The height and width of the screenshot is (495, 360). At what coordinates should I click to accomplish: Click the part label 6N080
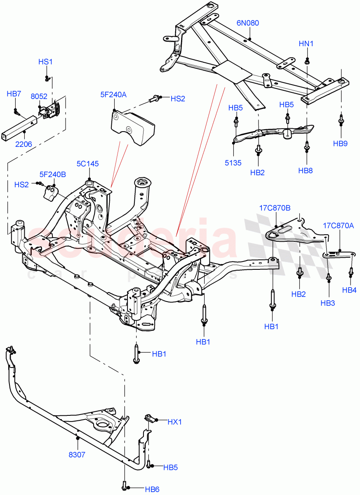[x=247, y=23]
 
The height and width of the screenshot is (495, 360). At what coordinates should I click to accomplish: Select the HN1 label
[x=306, y=43]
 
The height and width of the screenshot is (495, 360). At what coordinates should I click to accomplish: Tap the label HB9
[x=340, y=144]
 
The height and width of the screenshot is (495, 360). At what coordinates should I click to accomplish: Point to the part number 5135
[x=233, y=163]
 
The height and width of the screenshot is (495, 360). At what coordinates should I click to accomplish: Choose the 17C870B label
[x=275, y=208]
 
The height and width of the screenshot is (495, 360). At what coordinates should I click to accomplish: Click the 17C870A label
[x=338, y=226]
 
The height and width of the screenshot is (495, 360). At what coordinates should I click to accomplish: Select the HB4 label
[x=349, y=290]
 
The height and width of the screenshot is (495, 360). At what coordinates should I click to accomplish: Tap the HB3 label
[x=328, y=303]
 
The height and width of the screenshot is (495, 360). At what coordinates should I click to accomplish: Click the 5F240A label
[x=113, y=94]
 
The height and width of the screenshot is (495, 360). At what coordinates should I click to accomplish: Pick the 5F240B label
[x=52, y=174]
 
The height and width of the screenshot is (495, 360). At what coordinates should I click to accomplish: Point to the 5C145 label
[x=87, y=164]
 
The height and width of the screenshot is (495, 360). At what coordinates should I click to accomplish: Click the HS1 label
[x=45, y=62]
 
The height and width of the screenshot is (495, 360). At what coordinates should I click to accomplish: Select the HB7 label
[x=14, y=94]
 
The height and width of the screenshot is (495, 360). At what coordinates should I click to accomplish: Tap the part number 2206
[x=24, y=144]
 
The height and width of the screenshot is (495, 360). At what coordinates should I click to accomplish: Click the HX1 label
[x=174, y=422]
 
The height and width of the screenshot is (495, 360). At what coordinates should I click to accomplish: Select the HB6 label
[x=152, y=489]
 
